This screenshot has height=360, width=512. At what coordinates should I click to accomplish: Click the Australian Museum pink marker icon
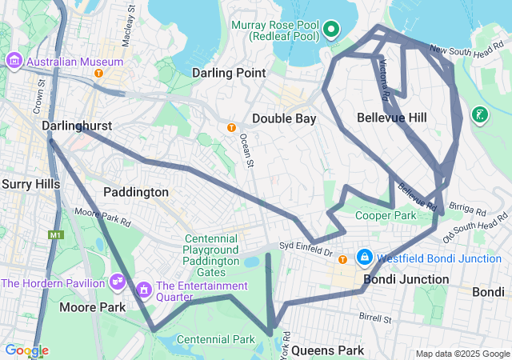[x=14, y=61]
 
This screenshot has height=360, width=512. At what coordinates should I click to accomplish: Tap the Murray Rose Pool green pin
[x=330, y=31]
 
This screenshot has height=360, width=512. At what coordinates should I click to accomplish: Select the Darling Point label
[x=228, y=73]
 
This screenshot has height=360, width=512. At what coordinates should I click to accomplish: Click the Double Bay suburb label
[x=284, y=118]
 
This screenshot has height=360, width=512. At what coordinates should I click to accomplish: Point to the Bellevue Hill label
[x=391, y=118]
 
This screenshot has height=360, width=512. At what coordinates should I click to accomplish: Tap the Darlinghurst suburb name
[x=76, y=126]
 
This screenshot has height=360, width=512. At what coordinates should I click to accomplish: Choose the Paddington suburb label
[x=136, y=192]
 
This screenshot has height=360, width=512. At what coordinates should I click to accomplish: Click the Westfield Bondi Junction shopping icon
[x=364, y=257]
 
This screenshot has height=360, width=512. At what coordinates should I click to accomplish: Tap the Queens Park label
[x=327, y=350]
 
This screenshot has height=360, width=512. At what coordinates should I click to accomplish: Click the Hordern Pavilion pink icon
[x=117, y=281]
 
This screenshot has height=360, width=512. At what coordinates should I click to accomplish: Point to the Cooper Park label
[x=386, y=215]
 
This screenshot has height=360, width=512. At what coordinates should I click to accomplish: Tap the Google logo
[x=26, y=350]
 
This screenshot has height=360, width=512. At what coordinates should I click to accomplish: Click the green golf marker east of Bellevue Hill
[x=479, y=116]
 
